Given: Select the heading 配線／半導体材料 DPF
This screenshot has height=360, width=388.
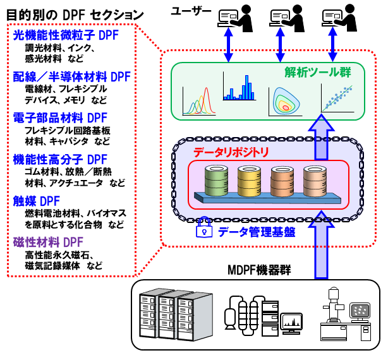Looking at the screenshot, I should [71, 76].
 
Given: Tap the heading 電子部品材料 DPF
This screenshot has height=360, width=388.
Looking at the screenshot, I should [60, 117].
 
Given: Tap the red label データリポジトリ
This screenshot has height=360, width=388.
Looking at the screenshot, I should [231, 152].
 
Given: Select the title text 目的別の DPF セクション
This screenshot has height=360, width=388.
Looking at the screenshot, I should [73, 13].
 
